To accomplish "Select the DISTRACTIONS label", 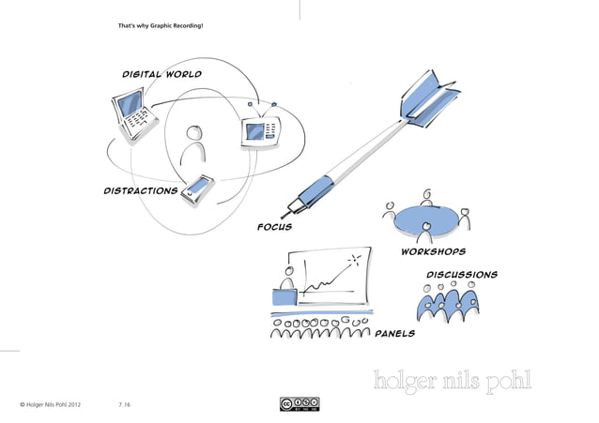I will tap(140, 190).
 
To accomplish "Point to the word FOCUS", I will tap(274, 227).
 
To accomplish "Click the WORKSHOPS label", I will tap(433, 251).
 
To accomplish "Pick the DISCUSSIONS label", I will tap(461, 275).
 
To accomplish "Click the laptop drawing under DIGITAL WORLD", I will tap(133, 113).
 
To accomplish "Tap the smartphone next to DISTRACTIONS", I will tap(198, 190).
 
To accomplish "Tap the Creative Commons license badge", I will tap(299, 404).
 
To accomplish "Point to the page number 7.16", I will tap(125, 404).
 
